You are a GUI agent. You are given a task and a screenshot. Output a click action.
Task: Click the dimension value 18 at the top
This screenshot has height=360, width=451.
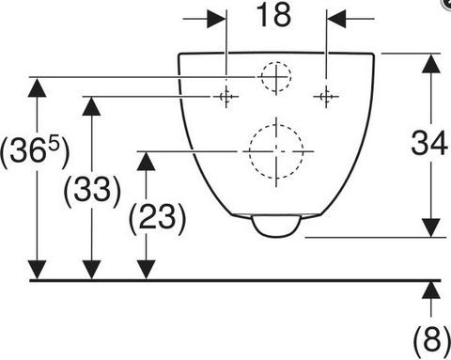click(273, 15)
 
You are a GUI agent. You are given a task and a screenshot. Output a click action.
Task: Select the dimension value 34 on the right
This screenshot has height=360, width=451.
click(429, 143)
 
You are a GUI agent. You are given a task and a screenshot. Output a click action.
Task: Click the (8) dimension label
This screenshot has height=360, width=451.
click(432, 340)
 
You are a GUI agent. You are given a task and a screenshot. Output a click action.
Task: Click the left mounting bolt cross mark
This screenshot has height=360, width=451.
click(226, 96)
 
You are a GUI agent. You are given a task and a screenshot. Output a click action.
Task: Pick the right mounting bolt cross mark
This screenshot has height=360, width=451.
click(326, 96)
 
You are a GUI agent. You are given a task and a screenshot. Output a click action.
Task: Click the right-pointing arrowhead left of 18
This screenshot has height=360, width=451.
click(217, 19)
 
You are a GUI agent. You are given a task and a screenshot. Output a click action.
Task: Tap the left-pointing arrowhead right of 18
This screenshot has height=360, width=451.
click(336, 19)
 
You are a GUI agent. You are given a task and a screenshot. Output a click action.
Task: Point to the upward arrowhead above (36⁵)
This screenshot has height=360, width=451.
click(38, 87)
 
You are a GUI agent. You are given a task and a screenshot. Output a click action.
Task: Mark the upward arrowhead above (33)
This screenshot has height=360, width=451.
click(91, 106)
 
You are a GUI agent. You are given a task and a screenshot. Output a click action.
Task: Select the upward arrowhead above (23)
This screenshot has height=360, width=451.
click(147, 161)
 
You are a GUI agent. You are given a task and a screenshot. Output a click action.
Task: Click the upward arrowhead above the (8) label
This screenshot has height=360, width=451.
click(431, 290)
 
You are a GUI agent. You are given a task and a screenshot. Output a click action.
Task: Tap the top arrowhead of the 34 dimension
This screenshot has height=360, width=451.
click(431, 64)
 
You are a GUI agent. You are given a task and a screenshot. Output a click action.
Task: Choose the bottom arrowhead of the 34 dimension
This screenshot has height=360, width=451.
click(431, 227)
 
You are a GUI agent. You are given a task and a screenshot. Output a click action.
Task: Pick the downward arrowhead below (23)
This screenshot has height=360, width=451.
click(147, 270)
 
